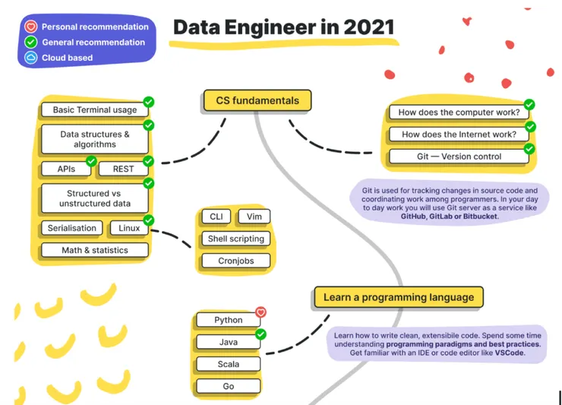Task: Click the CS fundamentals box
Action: click(257, 100)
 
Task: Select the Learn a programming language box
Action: click(398, 298)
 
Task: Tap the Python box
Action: click(228, 320)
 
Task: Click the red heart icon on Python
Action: click(260, 312)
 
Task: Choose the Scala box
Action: click(228, 364)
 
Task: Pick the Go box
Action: click(228, 386)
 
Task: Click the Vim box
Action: click(254, 217)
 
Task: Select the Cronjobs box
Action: click(236, 261)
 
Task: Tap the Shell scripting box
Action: click(236, 239)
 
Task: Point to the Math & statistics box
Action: click(95, 250)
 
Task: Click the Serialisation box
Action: click(72, 228)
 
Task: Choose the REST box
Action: click(123, 169)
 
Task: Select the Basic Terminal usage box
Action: click(95, 109)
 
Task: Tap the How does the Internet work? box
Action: click(459, 134)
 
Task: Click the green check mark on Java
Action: click(260, 334)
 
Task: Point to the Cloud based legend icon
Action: click(31, 58)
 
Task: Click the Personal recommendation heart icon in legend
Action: click(31, 27)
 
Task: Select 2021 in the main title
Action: click(366, 27)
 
